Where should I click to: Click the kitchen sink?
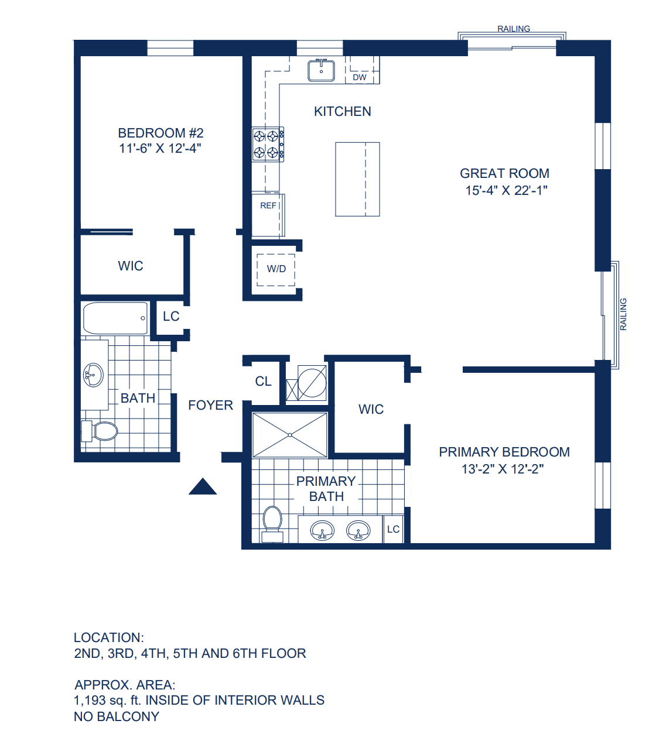coord(321,71)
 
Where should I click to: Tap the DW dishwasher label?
coord(359,77)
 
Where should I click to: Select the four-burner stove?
coord(268,144)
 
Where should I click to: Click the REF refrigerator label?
coord(268,205)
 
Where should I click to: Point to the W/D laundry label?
coord(276,269)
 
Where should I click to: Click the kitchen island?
coord(357,179)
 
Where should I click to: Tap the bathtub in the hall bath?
coord(115,318)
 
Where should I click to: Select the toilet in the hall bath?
coord(100,431)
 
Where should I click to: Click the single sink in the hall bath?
coord(94,375)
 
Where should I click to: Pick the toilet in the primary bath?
coord(272,524)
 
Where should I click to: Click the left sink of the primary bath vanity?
coord(322,530)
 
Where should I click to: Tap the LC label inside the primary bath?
coord(393,529)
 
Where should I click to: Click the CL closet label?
coord(263,381)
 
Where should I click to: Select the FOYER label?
coord(210,405)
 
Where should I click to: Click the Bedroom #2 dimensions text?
coord(160,148)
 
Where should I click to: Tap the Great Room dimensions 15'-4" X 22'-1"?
coord(506,190)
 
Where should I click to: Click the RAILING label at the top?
coord(514,29)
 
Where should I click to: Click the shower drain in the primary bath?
coord(290,435)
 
